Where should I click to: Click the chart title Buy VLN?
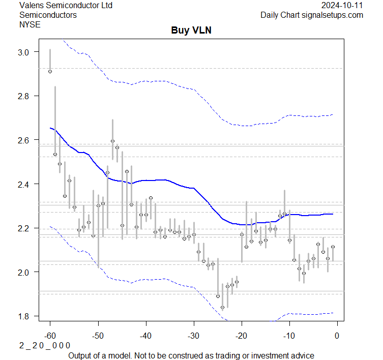(191, 31)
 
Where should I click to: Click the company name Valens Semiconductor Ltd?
(66, 6)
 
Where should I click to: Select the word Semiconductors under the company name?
(48, 15)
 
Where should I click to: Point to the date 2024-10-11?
(342, 6)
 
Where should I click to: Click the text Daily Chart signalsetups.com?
(312, 15)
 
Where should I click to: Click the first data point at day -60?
(50, 72)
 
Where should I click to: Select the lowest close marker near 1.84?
(222, 307)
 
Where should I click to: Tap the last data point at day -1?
(333, 247)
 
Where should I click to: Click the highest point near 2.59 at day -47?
(112, 141)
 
